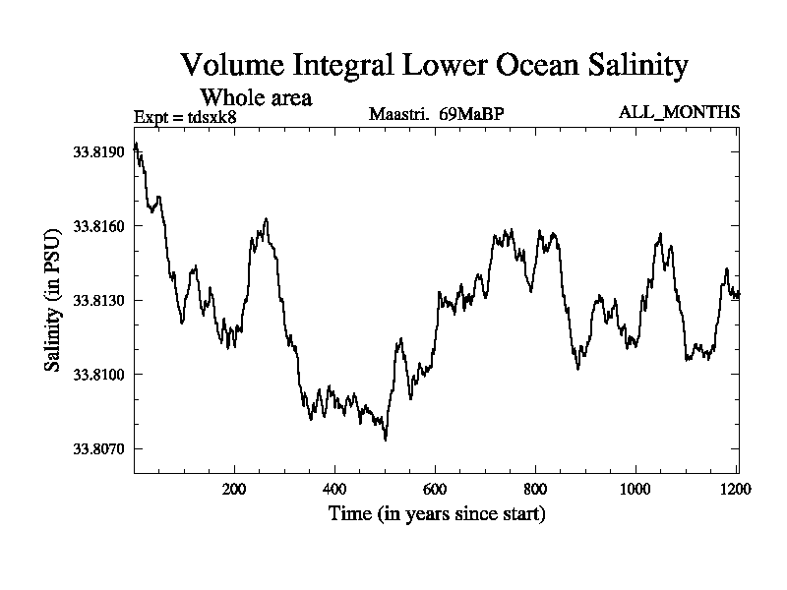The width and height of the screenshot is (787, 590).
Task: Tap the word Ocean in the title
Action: (522, 66)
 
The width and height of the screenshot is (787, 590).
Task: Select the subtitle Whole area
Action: (256, 97)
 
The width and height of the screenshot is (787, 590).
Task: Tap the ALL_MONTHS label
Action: (679, 112)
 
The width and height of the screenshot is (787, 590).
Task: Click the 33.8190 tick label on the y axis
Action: (97, 152)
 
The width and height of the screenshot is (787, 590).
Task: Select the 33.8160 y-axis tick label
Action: (97, 226)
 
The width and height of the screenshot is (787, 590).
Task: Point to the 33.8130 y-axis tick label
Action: (97, 300)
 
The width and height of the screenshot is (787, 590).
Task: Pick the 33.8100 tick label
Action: (97, 375)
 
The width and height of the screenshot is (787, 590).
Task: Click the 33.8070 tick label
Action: (97, 449)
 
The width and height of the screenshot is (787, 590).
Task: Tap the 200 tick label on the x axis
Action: (234, 489)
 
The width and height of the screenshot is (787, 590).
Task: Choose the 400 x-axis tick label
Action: (334, 489)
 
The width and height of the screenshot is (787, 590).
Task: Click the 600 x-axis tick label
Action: (435, 489)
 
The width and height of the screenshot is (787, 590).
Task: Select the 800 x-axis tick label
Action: (535, 489)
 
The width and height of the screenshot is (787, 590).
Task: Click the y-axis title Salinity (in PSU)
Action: (52, 300)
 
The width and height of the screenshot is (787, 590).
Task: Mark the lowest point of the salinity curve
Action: (385, 440)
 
